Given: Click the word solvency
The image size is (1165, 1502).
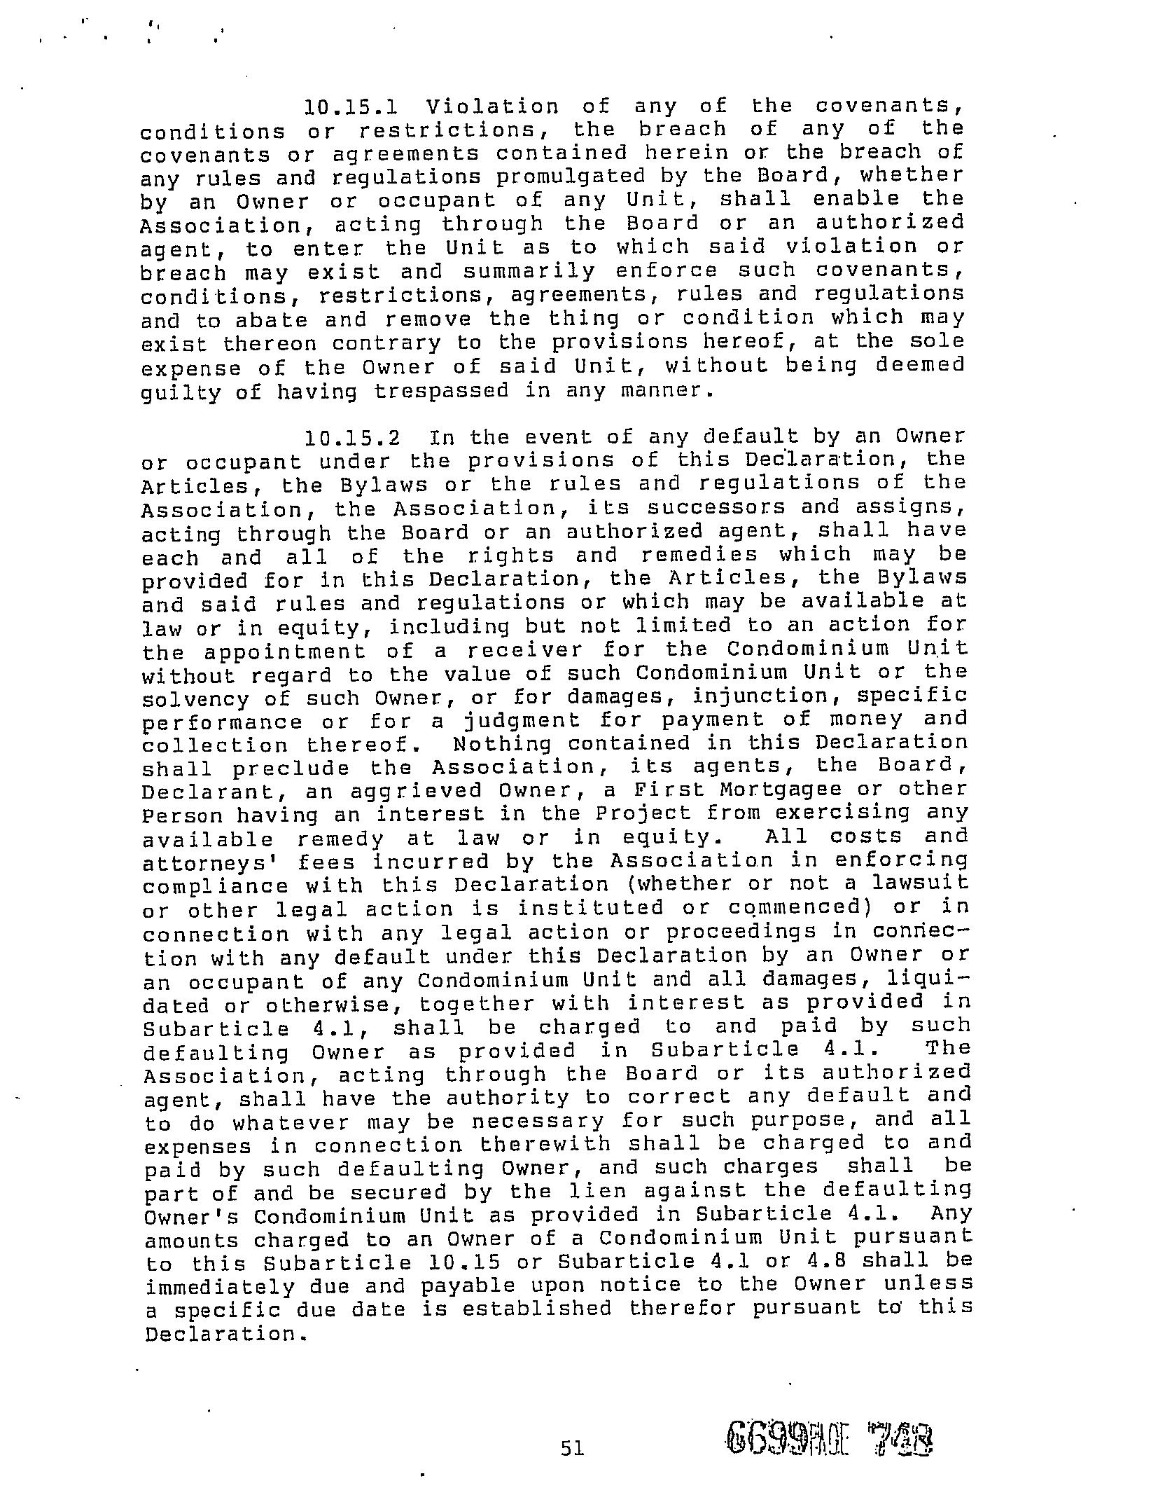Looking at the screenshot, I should tap(195, 699).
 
